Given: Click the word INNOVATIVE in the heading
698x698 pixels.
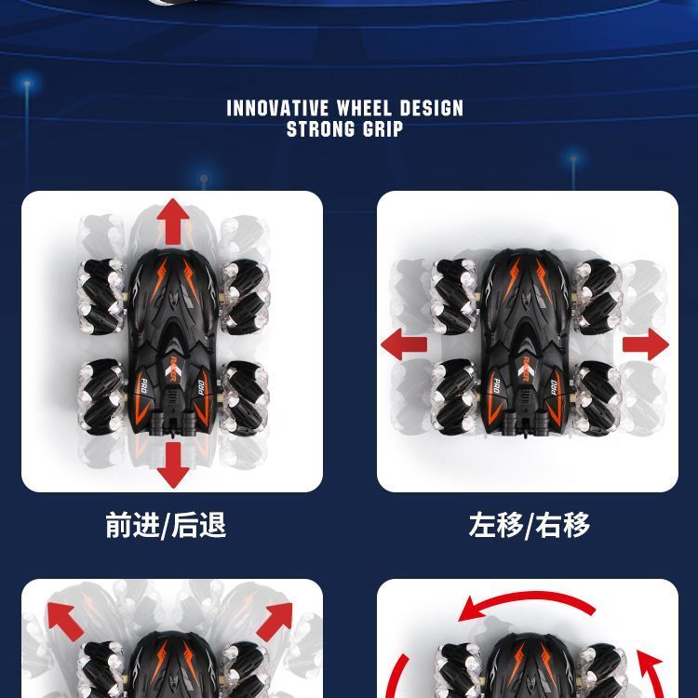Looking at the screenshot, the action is [x=277, y=108].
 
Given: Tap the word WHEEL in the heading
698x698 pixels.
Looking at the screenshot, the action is [x=364, y=108].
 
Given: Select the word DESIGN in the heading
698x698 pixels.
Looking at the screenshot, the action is [x=431, y=108].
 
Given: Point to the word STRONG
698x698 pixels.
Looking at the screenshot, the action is [x=320, y=129].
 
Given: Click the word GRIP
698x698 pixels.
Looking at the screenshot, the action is [x=383, y=129].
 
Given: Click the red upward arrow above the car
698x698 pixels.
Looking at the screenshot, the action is [x=173, y=221].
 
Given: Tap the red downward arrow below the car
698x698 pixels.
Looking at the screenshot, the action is [x=173, y=465].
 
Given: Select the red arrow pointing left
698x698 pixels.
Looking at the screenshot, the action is [x=404, y=344].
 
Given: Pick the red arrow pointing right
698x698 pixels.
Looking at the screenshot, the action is [x=646, y=344].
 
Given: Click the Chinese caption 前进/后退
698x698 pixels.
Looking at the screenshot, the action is [x=166, y=525].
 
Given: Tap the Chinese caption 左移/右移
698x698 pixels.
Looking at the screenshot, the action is [x=530, y=525].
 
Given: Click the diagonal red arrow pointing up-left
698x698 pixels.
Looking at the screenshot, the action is [x=65, y=621].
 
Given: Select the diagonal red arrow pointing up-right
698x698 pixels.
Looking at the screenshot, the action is [x=275, y=622].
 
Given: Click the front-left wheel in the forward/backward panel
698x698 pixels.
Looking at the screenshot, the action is [x=101, y=297].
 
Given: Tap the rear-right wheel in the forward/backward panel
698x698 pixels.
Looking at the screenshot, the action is [x=245, y=397].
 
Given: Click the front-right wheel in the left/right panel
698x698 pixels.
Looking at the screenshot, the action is [x=597, y=297].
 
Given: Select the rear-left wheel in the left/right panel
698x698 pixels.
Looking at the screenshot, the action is [x=454, y=397].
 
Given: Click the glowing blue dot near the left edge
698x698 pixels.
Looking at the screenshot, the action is [x=27, y=83].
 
